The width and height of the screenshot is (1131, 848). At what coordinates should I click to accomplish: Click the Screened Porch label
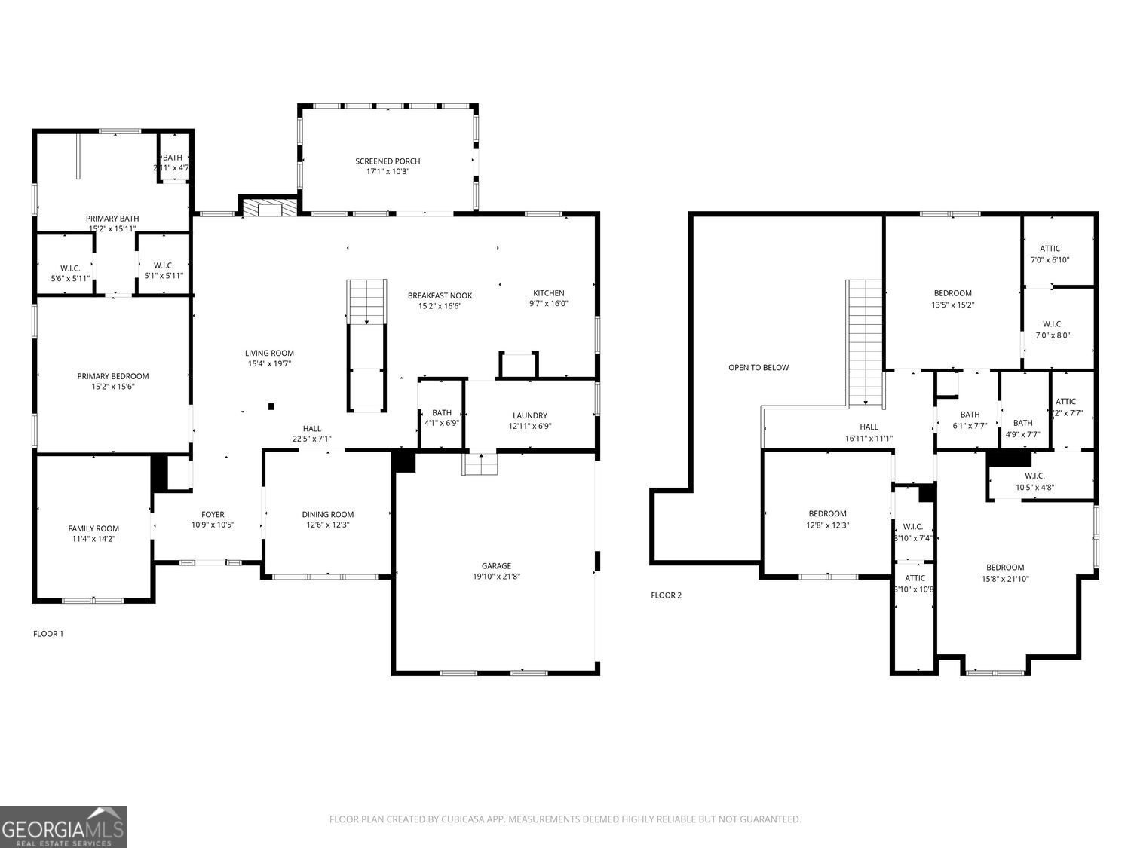point(388,161)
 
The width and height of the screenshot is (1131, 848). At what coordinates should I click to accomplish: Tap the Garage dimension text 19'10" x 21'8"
point(496,577)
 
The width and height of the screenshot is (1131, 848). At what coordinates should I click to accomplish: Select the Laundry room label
point(529,415)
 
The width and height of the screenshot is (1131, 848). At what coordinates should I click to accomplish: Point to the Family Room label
point(93,528)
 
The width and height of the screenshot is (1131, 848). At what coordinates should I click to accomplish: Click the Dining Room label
point(327,515)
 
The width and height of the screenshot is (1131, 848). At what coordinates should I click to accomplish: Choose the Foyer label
point(213,515)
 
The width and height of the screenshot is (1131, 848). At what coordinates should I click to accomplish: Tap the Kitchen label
point(548,293)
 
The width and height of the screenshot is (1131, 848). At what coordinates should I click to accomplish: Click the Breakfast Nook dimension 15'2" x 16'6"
point(440,306)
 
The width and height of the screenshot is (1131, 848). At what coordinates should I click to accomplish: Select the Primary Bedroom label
point(113,376)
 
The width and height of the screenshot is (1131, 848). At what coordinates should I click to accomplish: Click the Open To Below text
point(758,368)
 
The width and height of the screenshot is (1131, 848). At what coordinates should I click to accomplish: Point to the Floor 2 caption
point(666,595)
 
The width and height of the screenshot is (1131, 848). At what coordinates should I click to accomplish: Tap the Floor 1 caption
point(48,634)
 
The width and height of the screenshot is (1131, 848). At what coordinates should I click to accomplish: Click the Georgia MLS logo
point(63,827)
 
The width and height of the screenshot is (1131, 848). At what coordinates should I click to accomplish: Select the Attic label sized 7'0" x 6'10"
point(1050,249)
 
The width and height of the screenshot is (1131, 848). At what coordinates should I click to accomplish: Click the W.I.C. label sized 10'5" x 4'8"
point(1034,476)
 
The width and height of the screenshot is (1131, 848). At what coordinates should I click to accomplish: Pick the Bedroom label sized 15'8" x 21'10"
point(1005,568)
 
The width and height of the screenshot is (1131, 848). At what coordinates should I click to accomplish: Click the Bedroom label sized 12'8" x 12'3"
point(827,514)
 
